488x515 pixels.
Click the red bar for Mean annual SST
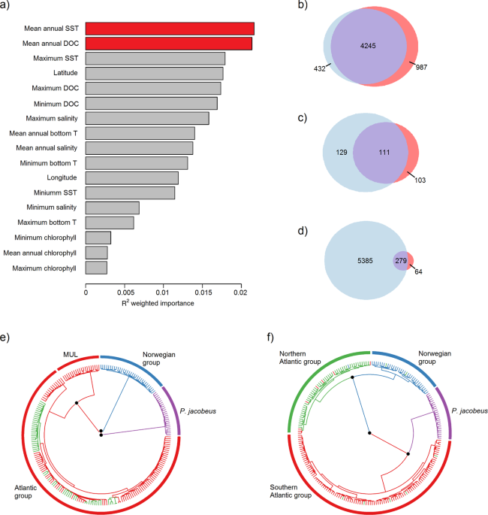click(x=170, y=29)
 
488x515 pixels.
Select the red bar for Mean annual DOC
click(x=169, y=44)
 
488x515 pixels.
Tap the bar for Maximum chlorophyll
click(x=96, y=268)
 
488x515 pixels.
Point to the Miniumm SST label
click(x=57, y=193)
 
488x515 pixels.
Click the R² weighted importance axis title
click(x=163, y=304)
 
